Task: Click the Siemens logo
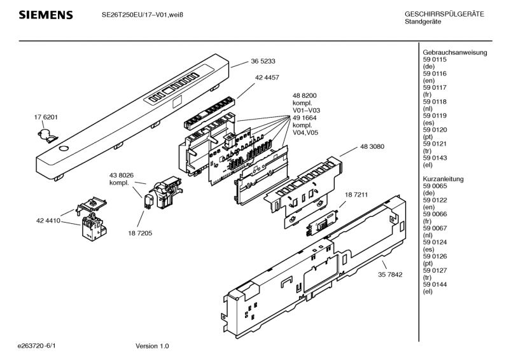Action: tap(46, 15)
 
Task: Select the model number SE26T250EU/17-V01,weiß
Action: tap(143, 15)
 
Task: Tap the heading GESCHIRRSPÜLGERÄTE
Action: tap(444, 14)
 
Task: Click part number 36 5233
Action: tap(263, 61)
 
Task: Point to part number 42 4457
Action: tap(267, 78)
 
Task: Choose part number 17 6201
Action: tap(46, 117)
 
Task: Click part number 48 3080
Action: tap(372, 147)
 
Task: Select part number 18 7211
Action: tap(356, 195)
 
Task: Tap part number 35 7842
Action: tap(390, 275)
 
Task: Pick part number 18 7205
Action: tap(140, 233)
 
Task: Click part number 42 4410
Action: tap(48, 221)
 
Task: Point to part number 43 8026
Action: tap(122, 176)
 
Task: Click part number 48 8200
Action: tap(305, 96)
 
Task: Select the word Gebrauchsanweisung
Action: tap(455, 53)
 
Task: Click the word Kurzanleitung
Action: tap(443, 179)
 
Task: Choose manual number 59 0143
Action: tap(435, 158)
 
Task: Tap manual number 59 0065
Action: tap(435, 186)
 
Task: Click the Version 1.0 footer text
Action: tap(152, 346)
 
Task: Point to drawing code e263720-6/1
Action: tap(36, 346)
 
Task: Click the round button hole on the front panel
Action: tap(64, 149)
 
